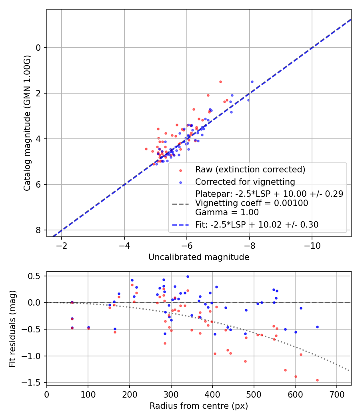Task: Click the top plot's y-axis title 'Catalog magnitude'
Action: tap(27, 123)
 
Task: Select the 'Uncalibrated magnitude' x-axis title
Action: tap(199, 257)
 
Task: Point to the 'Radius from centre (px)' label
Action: tap(199, 406)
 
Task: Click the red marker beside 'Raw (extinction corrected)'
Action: tap(180, 170)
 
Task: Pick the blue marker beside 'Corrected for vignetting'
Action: tap(180, 182)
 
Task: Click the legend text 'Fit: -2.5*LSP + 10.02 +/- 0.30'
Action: tap(257, 225)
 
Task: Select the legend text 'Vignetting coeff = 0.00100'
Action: tap(252, 203)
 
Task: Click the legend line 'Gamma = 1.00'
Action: tap(227, 212)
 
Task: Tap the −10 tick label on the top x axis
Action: tap(312, 246)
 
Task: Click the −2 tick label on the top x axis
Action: tap(62, 246)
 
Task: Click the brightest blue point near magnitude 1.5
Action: tap(252, 82)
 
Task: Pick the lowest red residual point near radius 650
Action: tap(317, 380)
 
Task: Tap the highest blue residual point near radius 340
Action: tap(188, 276)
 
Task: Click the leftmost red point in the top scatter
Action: tap(146, 149)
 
